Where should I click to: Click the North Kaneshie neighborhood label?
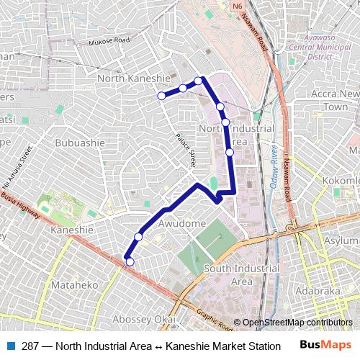pos(133,78)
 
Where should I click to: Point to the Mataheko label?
pos(74,285)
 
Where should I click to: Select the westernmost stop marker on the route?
pos(161,95)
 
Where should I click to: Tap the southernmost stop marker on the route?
pos(130,262)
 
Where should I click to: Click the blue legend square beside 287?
pos(12,346)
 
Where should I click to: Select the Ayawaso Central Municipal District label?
pos(315,45)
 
